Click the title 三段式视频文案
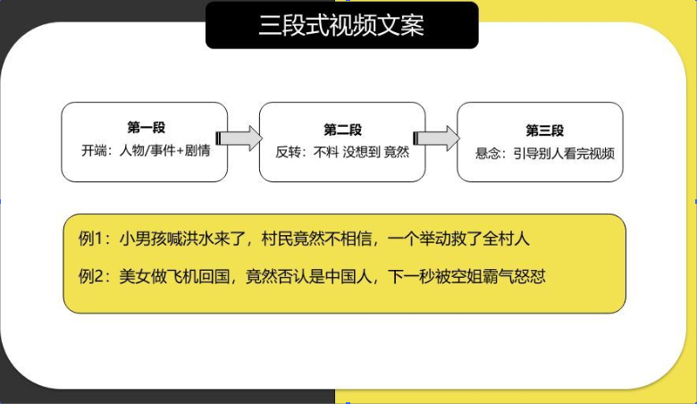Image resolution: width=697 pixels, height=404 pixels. tap(341, 25)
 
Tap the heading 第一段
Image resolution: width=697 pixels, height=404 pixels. tap(146, 128)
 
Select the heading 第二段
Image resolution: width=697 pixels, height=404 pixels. tap(342, 130)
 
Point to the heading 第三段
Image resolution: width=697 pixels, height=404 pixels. tap(544, 130)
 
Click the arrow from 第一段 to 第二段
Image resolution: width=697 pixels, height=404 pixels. tap(239, 139)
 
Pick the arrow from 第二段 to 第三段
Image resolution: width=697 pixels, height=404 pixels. tap(436, 139)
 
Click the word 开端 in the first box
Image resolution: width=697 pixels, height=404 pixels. tap(94, 151)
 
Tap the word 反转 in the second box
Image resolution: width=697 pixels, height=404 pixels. tap(288, 152)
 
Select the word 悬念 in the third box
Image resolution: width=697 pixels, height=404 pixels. tap(488, 154)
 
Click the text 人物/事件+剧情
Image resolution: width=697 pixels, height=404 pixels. tap(165, 151)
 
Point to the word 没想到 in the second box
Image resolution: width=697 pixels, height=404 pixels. tap(361, 152)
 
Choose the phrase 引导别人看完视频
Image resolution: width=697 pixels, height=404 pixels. tap(564, 154)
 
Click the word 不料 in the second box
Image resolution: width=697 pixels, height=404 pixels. tap(326, 152)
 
